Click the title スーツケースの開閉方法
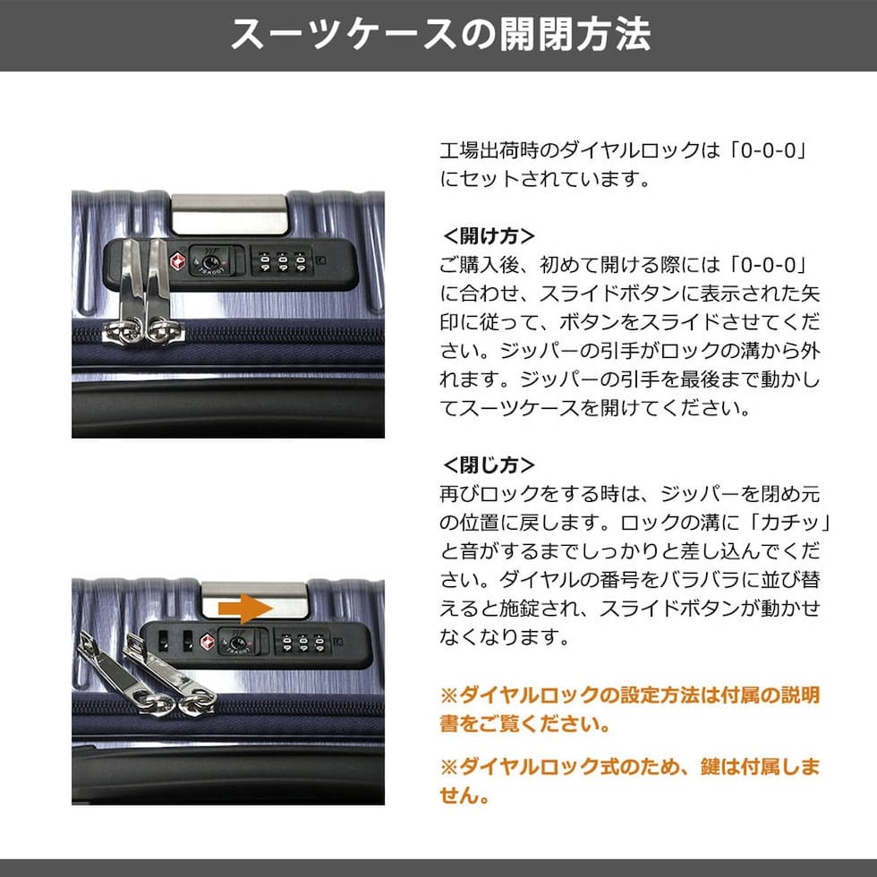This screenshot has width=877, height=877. coord(440,35)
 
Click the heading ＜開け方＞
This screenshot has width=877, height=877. coord(489,236)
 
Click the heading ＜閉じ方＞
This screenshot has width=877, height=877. coord(489,464)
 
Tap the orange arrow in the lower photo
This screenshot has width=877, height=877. coord(245,608)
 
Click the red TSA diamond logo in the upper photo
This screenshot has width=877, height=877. coord(177,261)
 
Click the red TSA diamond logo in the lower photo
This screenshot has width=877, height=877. coord(208,642)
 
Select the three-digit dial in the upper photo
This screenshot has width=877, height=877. coord(283,261)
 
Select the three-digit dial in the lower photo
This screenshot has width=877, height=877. coord(303,643)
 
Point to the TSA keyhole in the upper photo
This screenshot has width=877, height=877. coord(211,262)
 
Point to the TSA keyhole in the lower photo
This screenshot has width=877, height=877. coord(237,643)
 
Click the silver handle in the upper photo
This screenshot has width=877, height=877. coord(229,214)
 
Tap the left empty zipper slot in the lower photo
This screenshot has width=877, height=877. coord(163,642)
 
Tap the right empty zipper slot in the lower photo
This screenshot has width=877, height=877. coord(188,642)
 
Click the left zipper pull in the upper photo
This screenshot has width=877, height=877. coord(127,291)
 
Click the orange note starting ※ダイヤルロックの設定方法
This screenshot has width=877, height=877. coord(630,710)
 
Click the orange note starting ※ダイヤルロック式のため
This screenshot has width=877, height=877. coord(630,780)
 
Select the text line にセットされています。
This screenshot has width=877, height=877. coord(545,179)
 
